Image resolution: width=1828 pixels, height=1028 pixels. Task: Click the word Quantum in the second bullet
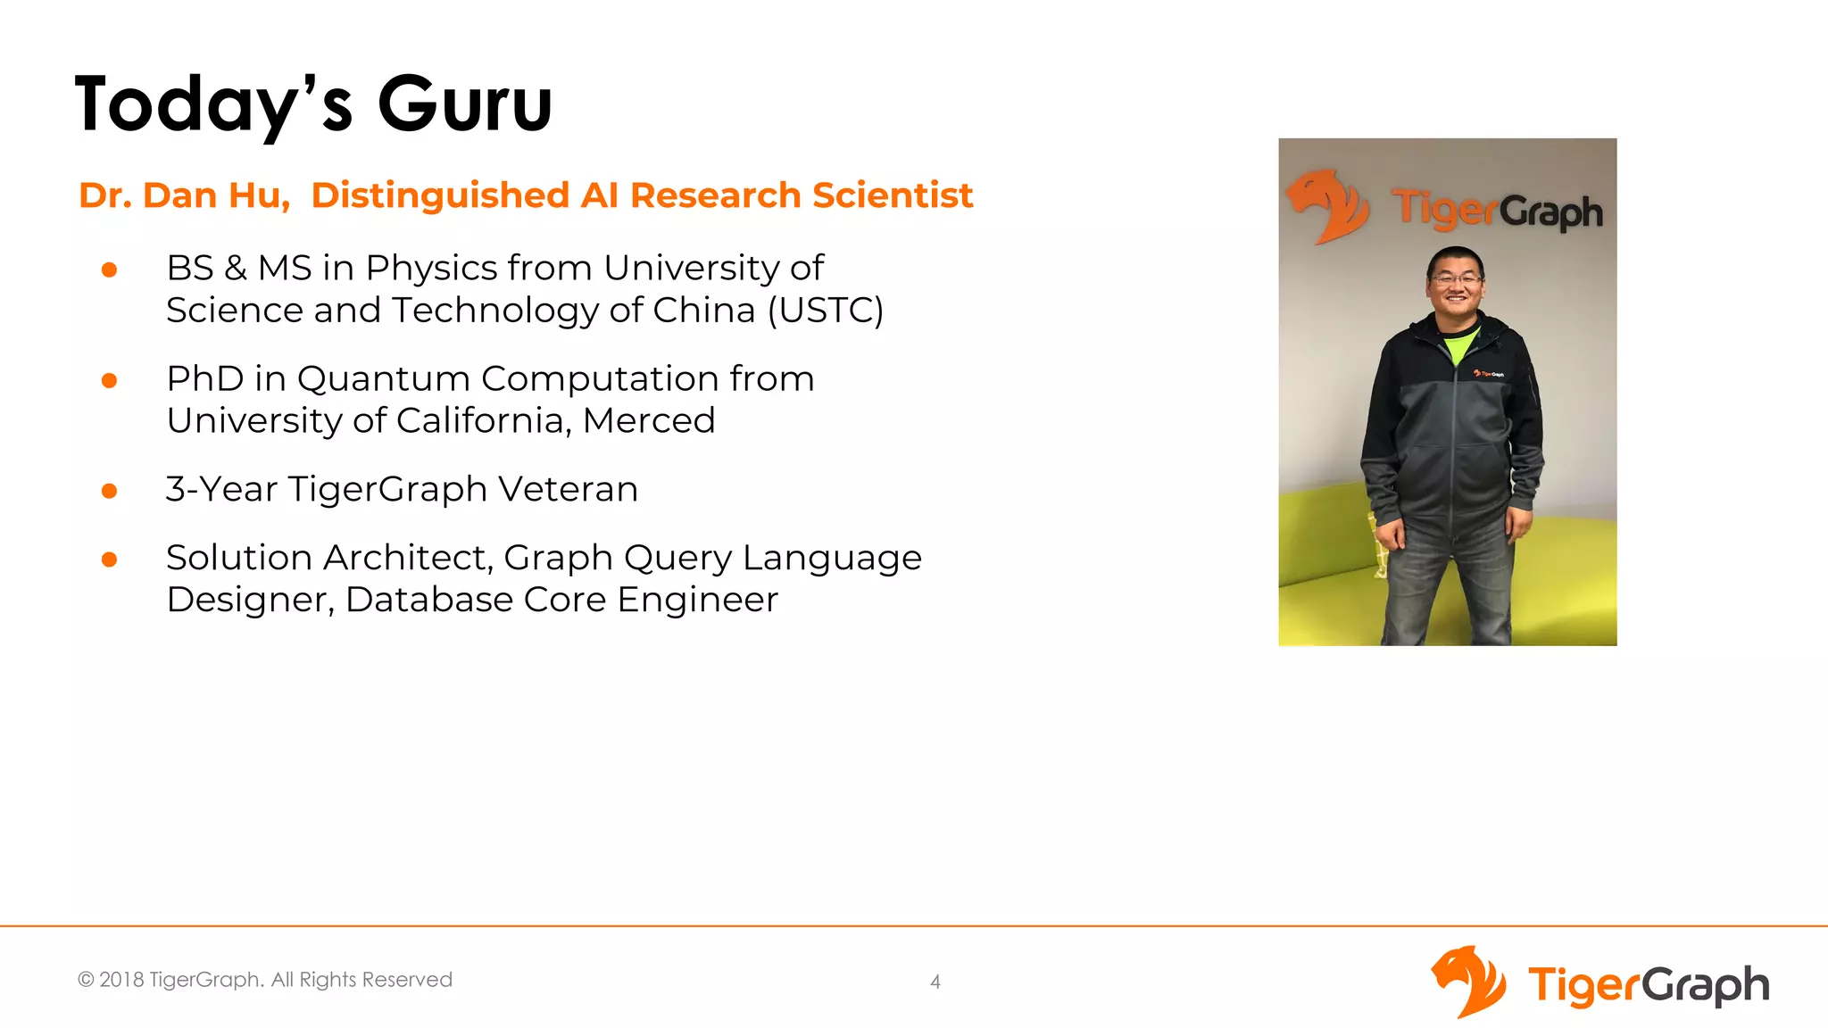[383, 378]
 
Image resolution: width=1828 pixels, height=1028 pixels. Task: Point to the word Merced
[649, 420]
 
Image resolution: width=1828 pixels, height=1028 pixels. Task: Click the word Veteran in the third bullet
[568, 489]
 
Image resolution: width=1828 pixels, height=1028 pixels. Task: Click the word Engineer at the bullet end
[697, 600]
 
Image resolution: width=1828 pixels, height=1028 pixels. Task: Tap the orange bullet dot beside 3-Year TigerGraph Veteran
[110, 491]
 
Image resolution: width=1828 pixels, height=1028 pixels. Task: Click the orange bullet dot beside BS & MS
[110, 269]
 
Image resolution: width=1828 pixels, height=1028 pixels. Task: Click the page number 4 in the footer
[935, 982]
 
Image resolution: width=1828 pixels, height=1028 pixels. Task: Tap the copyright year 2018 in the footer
[121, 980]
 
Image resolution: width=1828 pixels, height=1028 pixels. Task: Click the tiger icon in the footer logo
[1468, 982]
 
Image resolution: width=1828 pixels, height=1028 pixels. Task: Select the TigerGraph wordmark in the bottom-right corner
[1648, 985]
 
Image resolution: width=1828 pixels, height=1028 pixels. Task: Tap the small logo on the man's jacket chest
[1488, 374]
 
